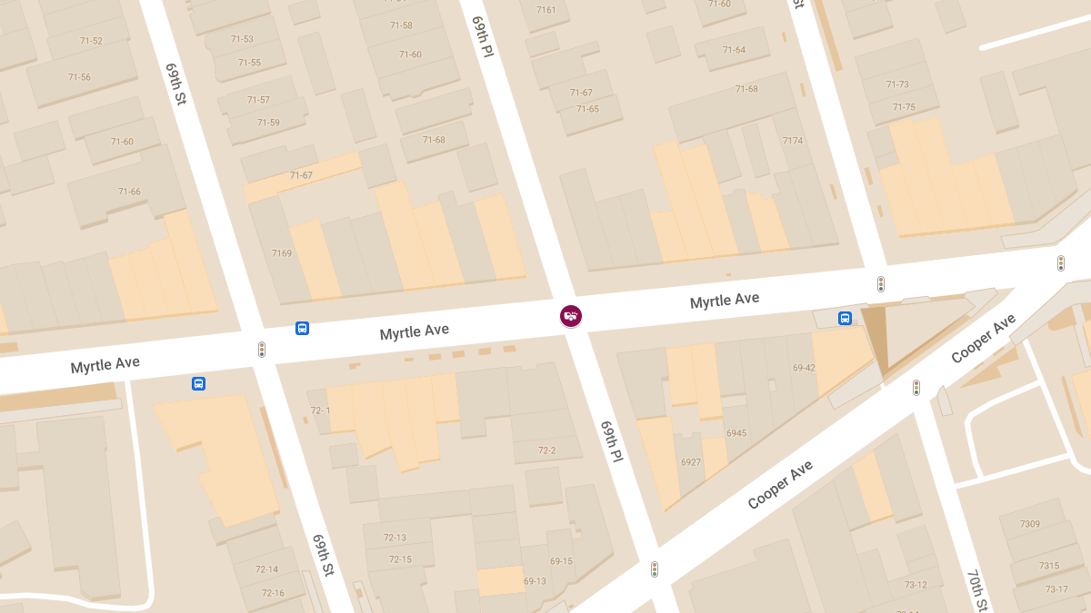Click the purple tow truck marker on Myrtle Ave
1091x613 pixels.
click(570, 316)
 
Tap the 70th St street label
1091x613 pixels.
click(976, 590)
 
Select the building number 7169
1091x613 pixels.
click(282, 253)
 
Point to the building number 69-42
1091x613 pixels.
click(804, 368)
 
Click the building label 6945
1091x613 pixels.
click(736, 433)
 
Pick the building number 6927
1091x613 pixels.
click(691, 462)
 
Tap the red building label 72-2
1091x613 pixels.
click(546, 450)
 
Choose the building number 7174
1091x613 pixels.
click(793, 141)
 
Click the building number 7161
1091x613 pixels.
click(545, 10)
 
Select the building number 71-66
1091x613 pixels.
click(129, 192)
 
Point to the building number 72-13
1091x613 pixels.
click(395, 538)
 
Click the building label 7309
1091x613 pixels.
click(1030, 524)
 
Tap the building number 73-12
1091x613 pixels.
click(916, 585)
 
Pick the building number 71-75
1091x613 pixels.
click(904, 107)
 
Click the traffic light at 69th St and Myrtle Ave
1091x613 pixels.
click(262, 350)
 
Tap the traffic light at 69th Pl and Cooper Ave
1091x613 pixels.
click(654, 569)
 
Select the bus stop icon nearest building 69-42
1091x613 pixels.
click(845, 319)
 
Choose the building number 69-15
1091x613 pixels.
click(561, 561)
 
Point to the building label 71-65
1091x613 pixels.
click(587, 109)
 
